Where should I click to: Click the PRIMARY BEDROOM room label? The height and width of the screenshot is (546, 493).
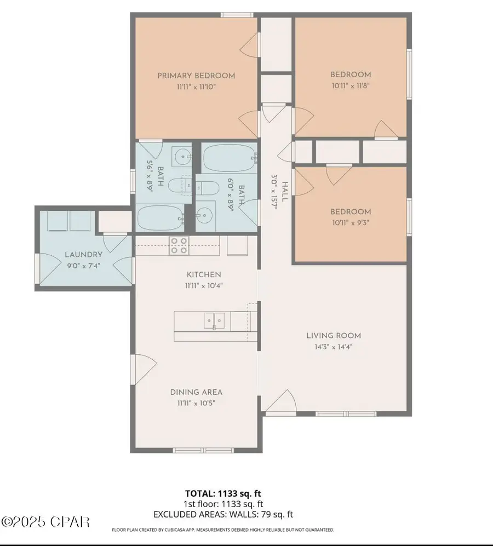click(196, 76)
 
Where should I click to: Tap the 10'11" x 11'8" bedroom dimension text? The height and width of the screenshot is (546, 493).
click(350, 86)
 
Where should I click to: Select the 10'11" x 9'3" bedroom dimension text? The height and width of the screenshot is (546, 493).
click(350, 223)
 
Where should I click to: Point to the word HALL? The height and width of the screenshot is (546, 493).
click(285, 176)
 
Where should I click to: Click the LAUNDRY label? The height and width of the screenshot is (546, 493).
click(83, 255)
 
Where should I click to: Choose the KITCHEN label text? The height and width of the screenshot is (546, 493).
click(196, 274)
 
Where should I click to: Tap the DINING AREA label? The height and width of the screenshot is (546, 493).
click(196, 392)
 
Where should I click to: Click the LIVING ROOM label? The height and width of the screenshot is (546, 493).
click(333, 336)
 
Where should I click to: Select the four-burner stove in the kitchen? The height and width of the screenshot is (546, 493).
click(179, 245)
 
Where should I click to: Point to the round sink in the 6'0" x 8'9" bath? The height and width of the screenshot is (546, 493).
click(205, 217)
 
